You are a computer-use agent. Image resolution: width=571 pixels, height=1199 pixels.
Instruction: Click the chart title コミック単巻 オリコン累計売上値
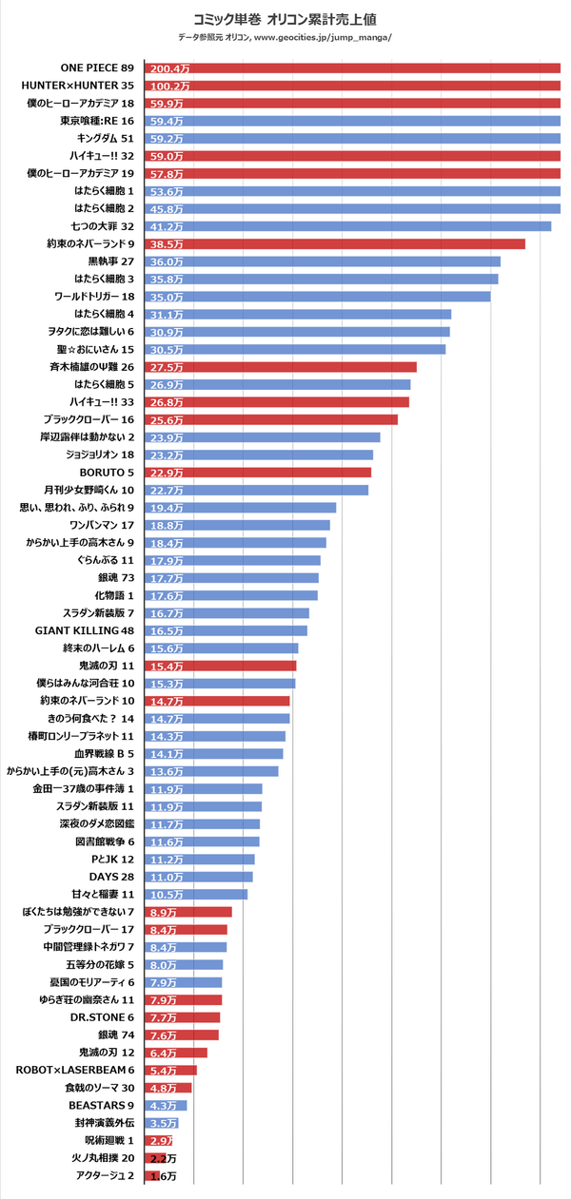click(x=285, y=18)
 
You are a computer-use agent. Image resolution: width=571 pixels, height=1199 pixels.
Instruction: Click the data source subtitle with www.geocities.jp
click(x=285, y=37)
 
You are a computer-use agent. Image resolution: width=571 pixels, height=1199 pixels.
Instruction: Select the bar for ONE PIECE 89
click(x=352, y=68)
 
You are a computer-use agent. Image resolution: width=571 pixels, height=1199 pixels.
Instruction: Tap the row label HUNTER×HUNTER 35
click(x=78, y=86)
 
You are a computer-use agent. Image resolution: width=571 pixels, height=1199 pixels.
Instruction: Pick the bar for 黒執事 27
click(x=323, y=261)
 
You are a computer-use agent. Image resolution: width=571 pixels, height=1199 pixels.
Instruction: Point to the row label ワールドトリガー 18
click(x=93, y=297)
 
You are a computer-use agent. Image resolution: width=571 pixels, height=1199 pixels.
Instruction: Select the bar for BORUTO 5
click(x=258, y=473)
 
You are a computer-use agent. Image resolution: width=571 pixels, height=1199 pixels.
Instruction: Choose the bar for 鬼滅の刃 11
click(x=221, y=666)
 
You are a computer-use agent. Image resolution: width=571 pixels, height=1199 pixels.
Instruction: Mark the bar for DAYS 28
click(x=199, y=877)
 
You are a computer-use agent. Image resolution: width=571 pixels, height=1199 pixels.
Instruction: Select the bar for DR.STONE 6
click(x=183, y=1017)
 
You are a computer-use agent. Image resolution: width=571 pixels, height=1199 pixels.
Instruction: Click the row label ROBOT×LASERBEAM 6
click(x=75, y=1070)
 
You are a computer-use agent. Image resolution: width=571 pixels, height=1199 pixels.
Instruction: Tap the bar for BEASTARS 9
click(x=167, y=1105)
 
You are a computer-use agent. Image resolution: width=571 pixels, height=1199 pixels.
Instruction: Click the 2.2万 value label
click(x=164, y=1158)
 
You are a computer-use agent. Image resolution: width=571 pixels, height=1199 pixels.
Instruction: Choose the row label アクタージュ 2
click(x=104, y=1176)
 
